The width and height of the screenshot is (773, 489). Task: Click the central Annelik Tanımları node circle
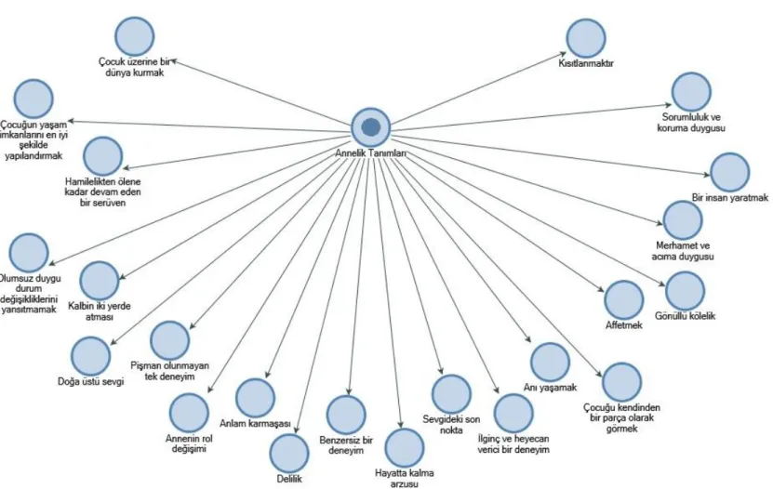pos(371,127)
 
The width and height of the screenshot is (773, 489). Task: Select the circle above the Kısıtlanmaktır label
pos(586,38)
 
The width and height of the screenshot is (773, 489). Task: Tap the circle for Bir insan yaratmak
pos(730,172)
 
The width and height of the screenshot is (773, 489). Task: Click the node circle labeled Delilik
pos(289,454)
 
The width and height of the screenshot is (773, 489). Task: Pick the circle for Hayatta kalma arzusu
pos(405,448)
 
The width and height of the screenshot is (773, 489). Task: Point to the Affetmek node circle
pos(623,300)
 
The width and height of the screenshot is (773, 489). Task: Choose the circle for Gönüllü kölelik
pos(685,291)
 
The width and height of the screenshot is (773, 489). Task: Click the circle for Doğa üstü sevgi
pos(91,356)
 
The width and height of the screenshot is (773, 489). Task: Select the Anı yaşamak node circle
pos(550,363)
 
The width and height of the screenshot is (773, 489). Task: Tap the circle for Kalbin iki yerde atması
pos(100,281)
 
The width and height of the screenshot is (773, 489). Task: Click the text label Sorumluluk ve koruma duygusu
pos(691,123)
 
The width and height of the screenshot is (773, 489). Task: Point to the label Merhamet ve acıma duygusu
pos(683,251)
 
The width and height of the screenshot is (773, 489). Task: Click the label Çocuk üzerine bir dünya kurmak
pos(134,67)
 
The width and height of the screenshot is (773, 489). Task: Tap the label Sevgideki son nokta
pos(451,425)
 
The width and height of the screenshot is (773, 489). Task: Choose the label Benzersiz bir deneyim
pos(346,445)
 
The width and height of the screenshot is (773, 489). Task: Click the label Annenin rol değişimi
pos(189,443)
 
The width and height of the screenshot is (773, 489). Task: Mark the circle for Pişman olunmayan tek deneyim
pos(169,340)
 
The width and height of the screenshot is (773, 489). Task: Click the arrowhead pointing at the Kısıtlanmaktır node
pos(563,54)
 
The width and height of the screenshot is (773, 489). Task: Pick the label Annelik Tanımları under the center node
pos(371,153)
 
